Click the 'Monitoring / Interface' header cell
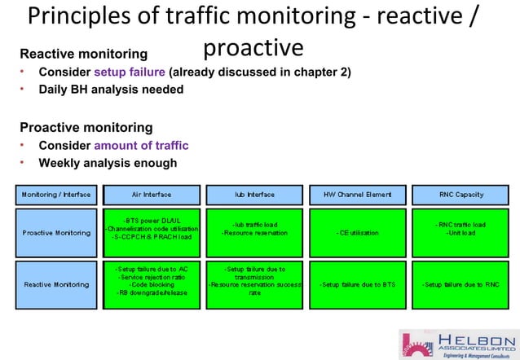(56, 195)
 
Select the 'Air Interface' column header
(152, 195)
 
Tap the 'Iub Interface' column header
(254, 195)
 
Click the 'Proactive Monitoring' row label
(56, 233)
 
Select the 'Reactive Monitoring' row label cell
(56, 284)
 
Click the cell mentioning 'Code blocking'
(152, 284)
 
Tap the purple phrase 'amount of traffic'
(141, 146)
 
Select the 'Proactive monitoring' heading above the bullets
(86, 127)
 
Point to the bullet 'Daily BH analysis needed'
(111, 90)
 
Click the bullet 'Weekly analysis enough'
(108, 163)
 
